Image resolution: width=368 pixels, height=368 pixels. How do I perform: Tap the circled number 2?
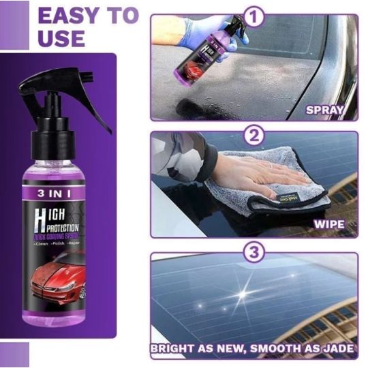(254, 135)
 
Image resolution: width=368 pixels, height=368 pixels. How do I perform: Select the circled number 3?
(254, 254)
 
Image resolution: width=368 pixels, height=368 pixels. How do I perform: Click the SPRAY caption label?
(330, 109)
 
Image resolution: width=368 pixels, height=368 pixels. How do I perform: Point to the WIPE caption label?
(334, 222)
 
